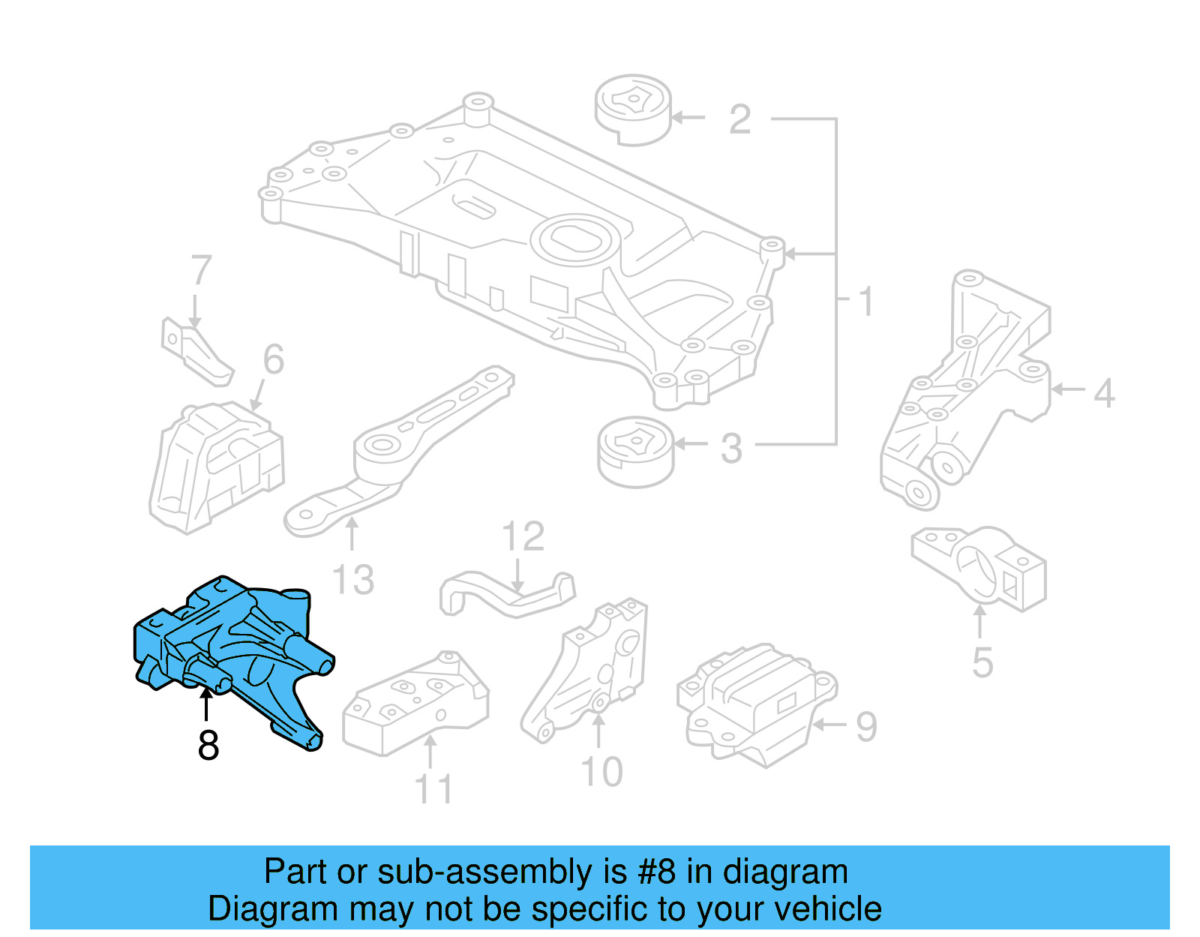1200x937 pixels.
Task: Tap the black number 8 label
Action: (208, 745)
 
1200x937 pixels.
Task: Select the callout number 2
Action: (739, 120)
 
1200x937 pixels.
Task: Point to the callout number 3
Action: (731, 449)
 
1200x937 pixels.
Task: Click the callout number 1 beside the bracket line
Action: (866, 302)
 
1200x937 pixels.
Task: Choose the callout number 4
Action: (1104, 393)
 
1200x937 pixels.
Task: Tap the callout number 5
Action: (982, 662)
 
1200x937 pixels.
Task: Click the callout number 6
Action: (274, 359)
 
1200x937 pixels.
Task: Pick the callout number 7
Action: (201, 271)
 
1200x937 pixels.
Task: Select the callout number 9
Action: (866, 726)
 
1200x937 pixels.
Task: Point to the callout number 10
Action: (601, 772)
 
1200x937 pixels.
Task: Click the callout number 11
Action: (434, 789)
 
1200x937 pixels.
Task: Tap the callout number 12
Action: (523, 537)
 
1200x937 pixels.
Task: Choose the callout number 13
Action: (353, 580)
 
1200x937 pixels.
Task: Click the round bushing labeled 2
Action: (633, 110)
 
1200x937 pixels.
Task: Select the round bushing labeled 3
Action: (636, 452)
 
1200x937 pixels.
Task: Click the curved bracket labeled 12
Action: (507, 594)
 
